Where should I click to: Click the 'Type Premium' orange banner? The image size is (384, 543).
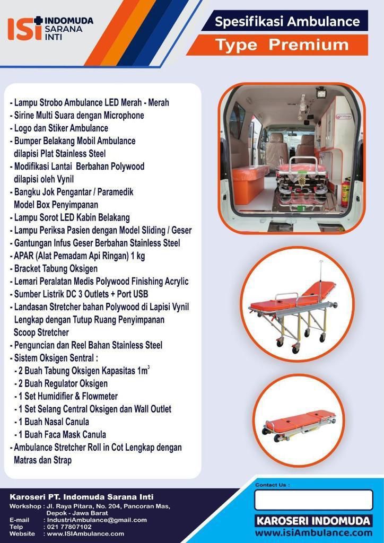click(x=277, y=45)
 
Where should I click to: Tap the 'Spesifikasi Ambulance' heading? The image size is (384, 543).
click(x=287, y=21)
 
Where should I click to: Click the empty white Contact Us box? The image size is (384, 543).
click(x=313, y=500)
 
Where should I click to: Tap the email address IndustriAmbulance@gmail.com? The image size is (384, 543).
click(x=97, y=520)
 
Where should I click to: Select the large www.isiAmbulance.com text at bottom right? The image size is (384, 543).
click(x=313, y=533)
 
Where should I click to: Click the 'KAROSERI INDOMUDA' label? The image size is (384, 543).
click(x=313, y=521)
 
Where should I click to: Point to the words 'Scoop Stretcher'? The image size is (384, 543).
click(x=41, y=332)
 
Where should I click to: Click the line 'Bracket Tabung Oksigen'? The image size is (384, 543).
click(x=56, y=268)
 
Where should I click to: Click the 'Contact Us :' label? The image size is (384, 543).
click(x=272, y=485)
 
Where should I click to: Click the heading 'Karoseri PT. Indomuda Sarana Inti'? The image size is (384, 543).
click(x=81, y=497)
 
